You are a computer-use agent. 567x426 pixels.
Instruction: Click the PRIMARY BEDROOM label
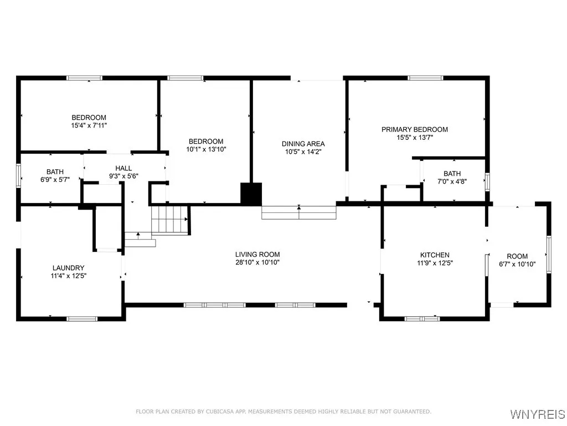pos(414,129)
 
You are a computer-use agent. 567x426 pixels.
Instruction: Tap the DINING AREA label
pos(303,144)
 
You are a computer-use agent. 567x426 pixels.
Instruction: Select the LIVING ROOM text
pos(257,254)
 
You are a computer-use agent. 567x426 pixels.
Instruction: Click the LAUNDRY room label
pos(68,267)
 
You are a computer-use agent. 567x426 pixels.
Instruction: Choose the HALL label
pos(123,168)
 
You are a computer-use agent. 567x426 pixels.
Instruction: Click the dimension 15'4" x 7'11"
pos(89,125)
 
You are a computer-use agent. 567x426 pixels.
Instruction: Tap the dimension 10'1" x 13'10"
pos(205,149)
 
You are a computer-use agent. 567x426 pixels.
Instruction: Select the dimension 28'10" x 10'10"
pos(257,262)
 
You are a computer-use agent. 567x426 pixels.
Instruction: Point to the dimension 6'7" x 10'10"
pos(517,264)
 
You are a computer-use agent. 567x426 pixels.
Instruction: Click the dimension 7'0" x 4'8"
pos(452,181)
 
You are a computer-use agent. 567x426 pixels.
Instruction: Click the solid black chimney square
pos(251,194)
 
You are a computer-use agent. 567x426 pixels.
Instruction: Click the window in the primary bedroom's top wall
pos(425,78)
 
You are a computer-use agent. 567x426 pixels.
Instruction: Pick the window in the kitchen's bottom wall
pos(421,318)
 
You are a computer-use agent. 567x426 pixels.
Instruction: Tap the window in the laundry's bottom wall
pos(82,318)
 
